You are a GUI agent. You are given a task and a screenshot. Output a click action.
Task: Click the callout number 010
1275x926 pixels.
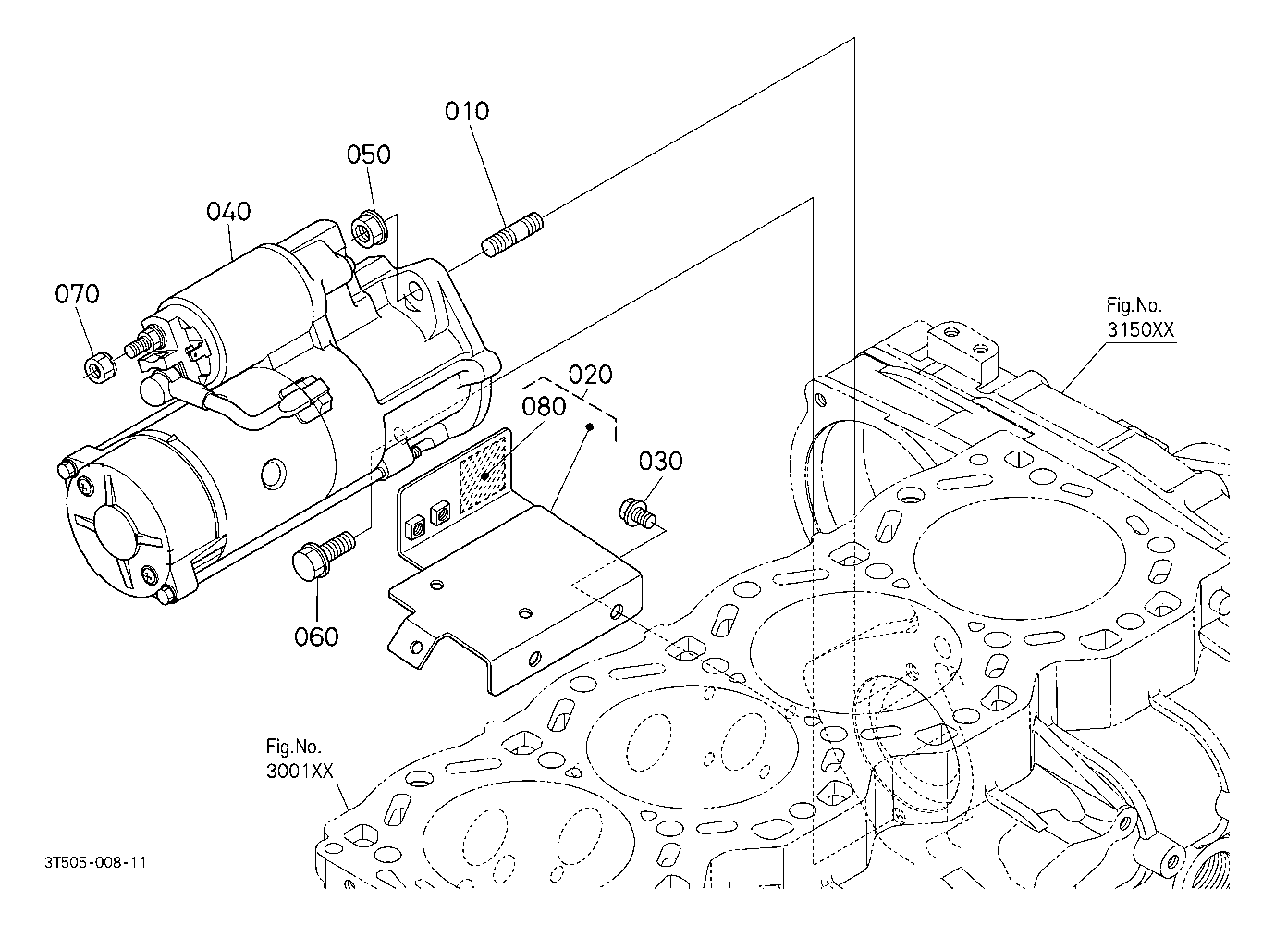(467, 112)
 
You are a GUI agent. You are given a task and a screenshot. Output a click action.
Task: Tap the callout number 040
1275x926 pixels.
(228, 212)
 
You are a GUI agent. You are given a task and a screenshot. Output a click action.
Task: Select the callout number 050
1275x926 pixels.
(369, 154)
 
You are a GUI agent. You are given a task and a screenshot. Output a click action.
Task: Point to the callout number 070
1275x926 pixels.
(77, 295)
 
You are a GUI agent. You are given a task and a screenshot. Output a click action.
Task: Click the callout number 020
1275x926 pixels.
(590, 375)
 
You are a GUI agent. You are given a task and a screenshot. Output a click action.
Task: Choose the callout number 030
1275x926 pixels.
(660, 461)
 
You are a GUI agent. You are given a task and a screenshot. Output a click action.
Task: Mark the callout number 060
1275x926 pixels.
(316, 636)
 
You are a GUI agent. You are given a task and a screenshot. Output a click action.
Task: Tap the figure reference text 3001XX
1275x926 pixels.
(299, 770)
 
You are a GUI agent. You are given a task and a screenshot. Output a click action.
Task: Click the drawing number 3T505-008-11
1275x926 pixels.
(95, 862)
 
